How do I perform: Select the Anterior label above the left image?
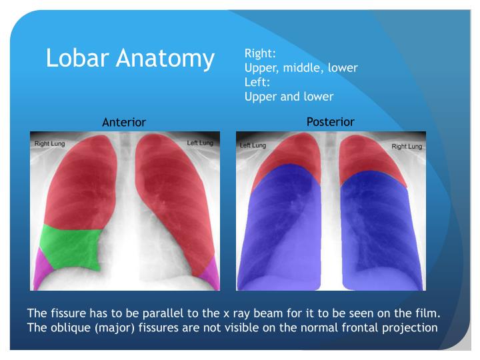click(123, 122)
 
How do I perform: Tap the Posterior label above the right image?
click(330, 121)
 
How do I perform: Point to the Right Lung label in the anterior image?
click(50, 143)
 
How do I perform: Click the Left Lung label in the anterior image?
click(200, 143)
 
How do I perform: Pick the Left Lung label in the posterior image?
click(253, 145)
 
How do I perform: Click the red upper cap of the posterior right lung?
click(373, 160)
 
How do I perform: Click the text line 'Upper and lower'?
click(289, 96)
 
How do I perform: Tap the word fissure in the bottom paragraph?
click(67, 313)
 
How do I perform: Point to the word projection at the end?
click(409, 327)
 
